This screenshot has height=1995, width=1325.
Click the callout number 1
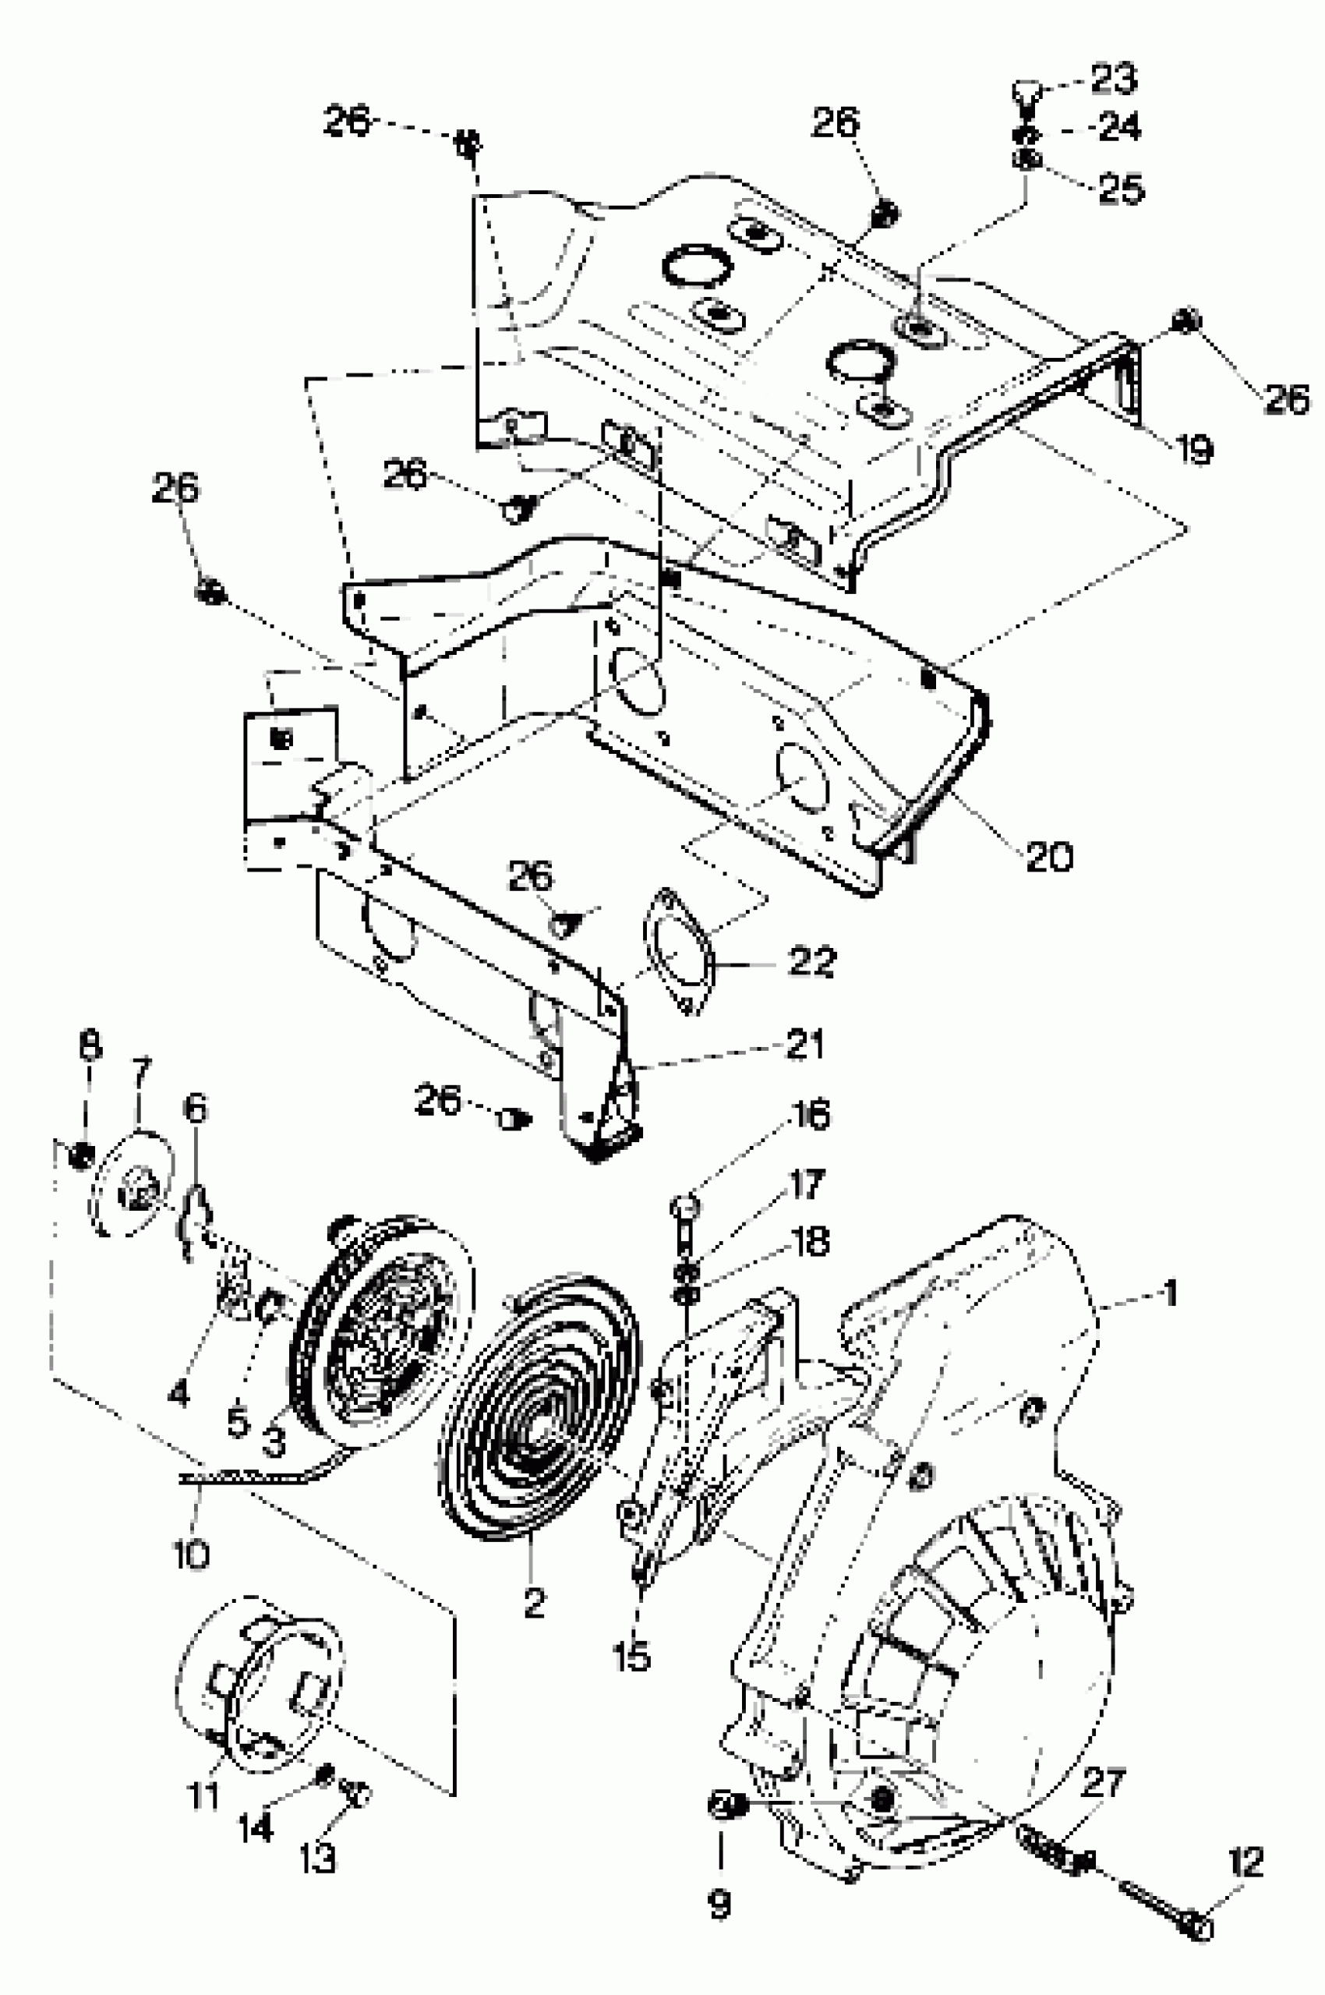pyautogui.click(x=1170, y=1293)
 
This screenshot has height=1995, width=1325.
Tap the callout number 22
pyautogui.click(x=812, y=961)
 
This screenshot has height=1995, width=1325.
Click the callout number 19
pyautogui.click(x=1195, y=449)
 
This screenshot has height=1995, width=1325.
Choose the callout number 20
pyautogui.click(x=1050, y=857)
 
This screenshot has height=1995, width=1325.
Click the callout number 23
pyautogui.click(x=1114, y=78)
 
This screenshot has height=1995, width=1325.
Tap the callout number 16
pyautogui.click(x=811, y=1115)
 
